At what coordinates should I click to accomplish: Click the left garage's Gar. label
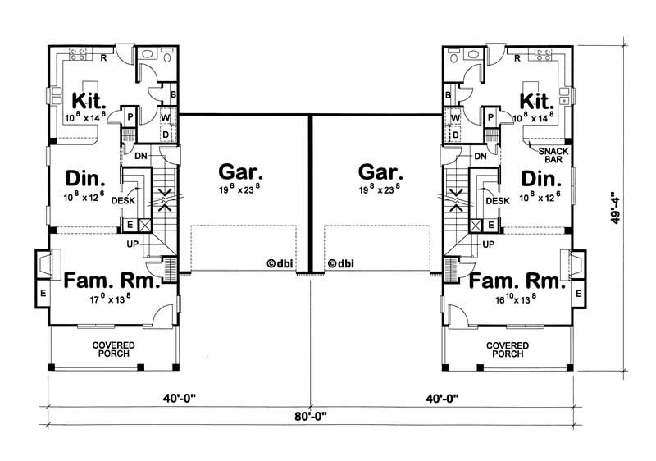tap(241, 172)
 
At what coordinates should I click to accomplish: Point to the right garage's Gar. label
tap(380, 172)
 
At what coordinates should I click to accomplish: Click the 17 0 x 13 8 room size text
tap(111, 299)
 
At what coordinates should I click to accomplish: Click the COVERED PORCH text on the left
tap(113, 349)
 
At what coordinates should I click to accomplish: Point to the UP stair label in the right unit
tap(489, 244)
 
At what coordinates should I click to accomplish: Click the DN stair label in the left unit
tap(140, 156)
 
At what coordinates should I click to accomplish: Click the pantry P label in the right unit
tap(490, 117)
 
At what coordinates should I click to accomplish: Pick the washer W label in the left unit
tap(165, 118)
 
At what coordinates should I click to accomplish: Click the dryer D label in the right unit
tap(455, 134)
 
